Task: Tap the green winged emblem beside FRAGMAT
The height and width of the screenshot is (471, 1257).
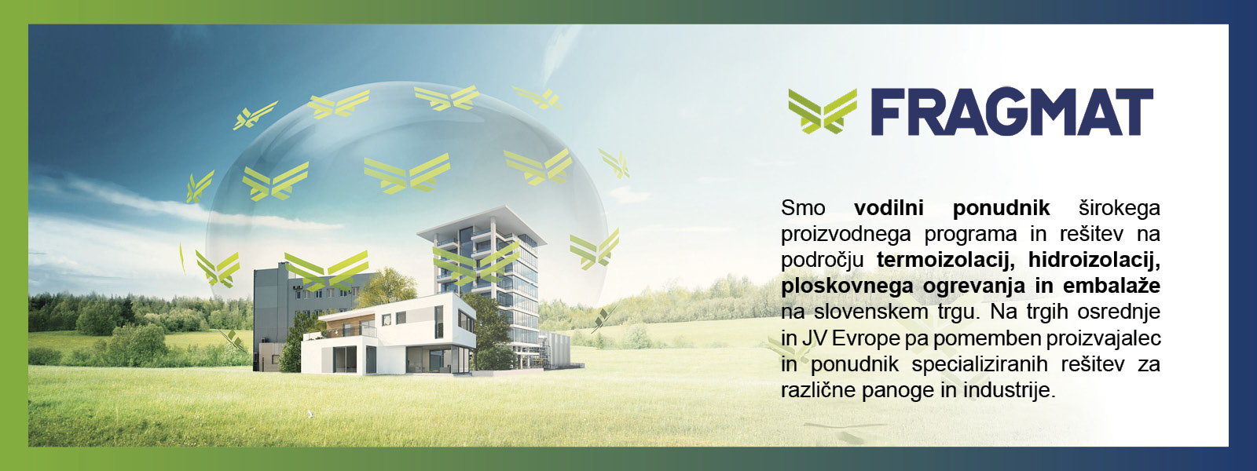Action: (823, 111)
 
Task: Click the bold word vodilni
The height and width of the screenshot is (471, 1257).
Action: (889, 208)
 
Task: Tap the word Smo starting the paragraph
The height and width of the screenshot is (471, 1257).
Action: (803, 208)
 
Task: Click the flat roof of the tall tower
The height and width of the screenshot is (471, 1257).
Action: (482, 223)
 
